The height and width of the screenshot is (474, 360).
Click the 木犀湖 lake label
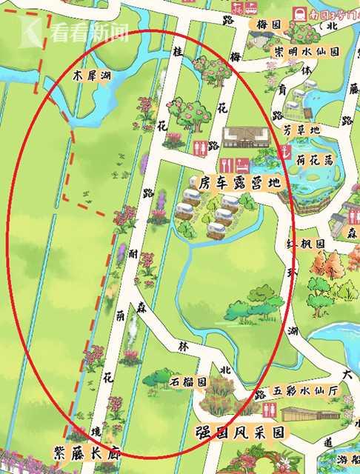tap(93, 76)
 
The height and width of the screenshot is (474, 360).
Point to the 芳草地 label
tap(304, 130)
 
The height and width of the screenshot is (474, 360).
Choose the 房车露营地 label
tap(233, 181)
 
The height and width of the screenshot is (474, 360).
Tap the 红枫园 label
tap(310, 243)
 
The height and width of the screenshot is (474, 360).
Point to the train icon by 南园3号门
tap(301, 13)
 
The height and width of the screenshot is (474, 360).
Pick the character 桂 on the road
tap(178, 53)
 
